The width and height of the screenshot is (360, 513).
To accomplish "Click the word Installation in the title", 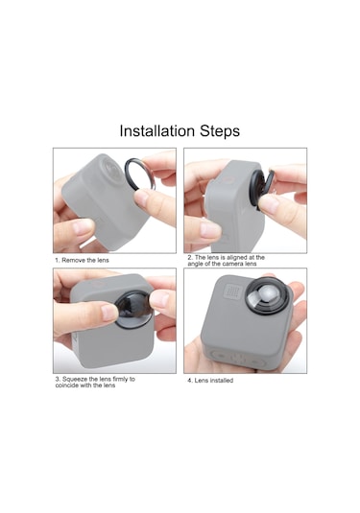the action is [156, 130].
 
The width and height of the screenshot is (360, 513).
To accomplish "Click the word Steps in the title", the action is [220, 131].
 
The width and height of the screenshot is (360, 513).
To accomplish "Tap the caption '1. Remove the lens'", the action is [82, 260].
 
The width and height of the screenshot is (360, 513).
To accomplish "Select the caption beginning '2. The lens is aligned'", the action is [226, 261].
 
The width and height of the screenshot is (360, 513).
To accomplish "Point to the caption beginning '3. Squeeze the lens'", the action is [95, 383].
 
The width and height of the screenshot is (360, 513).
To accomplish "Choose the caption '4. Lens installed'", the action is [210, 380].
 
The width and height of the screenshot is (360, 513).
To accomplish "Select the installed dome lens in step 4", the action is [268, 296].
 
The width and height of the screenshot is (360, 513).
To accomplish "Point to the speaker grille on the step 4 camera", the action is [232, 291].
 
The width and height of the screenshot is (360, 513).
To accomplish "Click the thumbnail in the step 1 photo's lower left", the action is [84, 226].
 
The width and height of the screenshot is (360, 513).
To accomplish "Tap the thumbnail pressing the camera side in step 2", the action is [209, 230].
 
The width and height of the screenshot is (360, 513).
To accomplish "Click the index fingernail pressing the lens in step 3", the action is [109, 313].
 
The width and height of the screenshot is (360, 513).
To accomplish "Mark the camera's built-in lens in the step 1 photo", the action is [112, 170].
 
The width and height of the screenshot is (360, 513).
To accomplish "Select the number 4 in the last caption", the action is [189, 381].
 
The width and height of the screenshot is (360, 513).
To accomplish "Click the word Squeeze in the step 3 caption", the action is [74, 379].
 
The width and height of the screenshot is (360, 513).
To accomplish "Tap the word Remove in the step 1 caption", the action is [71, 260].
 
